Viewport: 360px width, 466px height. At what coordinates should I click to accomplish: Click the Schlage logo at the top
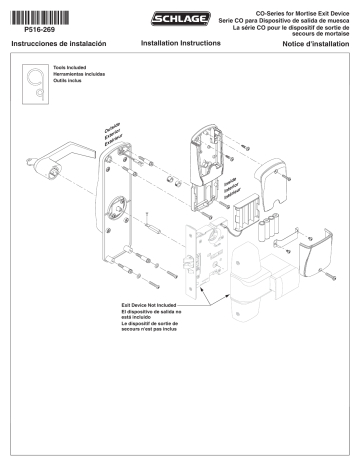pos(179,17)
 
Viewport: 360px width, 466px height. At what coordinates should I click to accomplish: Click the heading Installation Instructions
pos(179,45)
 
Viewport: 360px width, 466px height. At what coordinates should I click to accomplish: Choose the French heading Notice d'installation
pos(318,46)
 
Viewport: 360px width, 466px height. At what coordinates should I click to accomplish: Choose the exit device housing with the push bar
pos(258,295)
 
